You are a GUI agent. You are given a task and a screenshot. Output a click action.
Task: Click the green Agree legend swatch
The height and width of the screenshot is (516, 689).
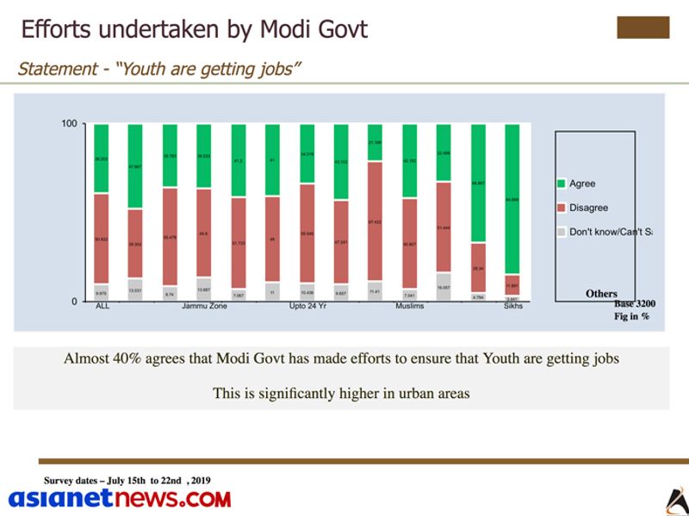[561, 183]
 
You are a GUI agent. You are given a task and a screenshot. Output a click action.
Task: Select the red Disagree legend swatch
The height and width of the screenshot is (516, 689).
[561, 208]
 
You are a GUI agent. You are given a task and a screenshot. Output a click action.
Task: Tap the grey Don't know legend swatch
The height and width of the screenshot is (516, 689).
[561, 232]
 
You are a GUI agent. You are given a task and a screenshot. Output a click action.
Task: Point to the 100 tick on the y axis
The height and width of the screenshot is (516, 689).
[69, 125]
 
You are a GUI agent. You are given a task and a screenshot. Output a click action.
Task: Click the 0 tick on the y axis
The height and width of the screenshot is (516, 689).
[74, 302]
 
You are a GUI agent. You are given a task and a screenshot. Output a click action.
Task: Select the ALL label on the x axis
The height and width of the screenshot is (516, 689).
[102, 307]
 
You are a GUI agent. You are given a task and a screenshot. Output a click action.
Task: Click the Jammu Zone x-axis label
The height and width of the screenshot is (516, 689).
[204, 307]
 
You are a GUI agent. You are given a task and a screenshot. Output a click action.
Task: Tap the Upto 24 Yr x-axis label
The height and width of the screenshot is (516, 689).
[307, 307]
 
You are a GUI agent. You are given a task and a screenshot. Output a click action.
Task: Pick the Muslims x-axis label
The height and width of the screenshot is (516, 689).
[409, 307]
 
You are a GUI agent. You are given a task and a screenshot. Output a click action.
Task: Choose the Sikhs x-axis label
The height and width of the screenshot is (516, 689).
[513, 307]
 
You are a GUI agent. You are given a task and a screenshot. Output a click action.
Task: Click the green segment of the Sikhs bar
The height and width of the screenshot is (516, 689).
[512, 198]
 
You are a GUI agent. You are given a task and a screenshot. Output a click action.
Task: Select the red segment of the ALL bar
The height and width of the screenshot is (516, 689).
[102, 238]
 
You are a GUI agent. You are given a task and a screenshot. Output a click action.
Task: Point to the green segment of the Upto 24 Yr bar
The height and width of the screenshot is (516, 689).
[307, 153]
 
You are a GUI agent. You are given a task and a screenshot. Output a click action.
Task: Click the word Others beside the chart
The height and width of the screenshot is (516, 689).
[601, 294]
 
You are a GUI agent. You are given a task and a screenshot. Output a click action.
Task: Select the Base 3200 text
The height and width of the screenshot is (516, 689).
[635, 304]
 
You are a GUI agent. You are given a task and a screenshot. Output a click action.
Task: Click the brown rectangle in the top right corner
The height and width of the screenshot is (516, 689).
[642, 28]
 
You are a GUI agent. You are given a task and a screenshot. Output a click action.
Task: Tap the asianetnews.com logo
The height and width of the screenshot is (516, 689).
[120, 498]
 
